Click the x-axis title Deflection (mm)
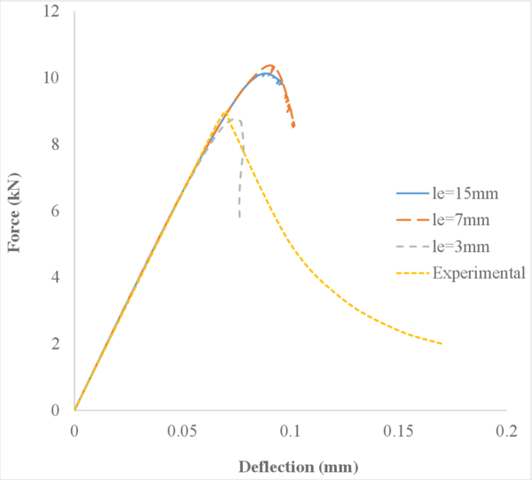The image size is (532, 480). [x=290, y=466]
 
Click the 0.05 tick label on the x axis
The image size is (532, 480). [x=182, y=430]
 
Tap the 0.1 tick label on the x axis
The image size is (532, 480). [x=290, y=430]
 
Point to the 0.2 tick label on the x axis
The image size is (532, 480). [x=506, y=430]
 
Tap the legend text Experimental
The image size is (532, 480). [x=479, y=273]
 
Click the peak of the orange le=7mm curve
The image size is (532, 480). [x=270, y=66]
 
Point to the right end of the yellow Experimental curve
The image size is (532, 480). [x=442, y=343]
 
